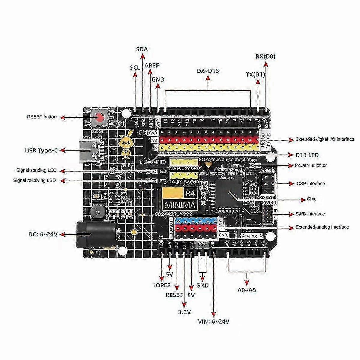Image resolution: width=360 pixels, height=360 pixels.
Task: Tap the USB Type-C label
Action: click(41, 150)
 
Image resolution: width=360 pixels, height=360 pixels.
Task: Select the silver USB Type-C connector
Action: click(90, 151)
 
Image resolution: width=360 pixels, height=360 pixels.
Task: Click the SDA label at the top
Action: click(142, 49)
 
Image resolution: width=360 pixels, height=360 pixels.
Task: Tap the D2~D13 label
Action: click(208, 71)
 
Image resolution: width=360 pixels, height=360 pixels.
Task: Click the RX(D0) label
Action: click(265, 56)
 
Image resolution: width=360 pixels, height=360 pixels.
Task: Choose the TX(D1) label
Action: click(255, 75)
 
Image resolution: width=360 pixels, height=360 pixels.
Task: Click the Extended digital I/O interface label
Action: click(320, 139)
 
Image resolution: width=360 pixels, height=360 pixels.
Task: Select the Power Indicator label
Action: click(311, 165)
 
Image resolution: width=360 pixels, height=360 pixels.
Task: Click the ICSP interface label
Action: click(310, 183)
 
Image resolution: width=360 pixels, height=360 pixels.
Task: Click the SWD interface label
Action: click(310, 214)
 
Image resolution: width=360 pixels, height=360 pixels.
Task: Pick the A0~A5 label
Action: click(247, 290)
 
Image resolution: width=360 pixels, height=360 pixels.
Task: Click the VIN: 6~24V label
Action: click(214, 322)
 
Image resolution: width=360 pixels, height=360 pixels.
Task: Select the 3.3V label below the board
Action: click(184, 312)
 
